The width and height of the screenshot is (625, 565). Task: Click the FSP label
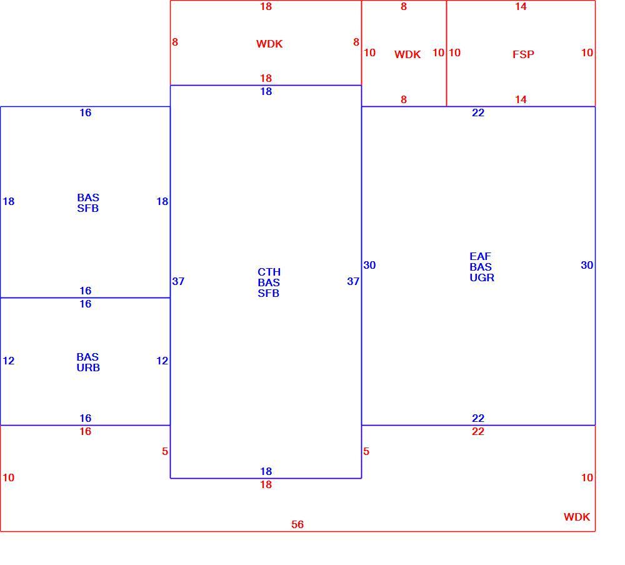(523, 54)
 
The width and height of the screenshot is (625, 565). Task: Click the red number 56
(297, 524)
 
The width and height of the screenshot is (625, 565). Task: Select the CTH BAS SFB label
(269, 282)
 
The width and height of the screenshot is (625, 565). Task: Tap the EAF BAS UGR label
(481, 267)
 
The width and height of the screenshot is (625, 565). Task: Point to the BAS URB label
(88, 362)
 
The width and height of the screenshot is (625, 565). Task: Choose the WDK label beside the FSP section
(407, 54)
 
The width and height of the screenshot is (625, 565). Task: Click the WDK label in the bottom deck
(577, 517)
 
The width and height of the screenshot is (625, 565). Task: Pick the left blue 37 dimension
(178, 281)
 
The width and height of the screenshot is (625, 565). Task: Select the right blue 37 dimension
(353, 281)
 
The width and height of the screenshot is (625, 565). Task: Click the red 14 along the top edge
(521, 6)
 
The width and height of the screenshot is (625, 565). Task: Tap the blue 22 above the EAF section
(478, 112)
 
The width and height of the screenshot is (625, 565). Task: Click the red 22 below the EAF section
(478, 431)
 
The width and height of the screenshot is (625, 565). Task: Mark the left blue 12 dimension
(8, 361)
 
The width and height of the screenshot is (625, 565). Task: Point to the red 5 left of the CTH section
(165, 451)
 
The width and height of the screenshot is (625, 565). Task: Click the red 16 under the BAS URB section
(85, 431)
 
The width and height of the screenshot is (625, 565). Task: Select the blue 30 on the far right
(587, 265)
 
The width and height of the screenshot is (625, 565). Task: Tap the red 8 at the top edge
(404, 6)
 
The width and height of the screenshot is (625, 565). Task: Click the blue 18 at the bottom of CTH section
(266, 471)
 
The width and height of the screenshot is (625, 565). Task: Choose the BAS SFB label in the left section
(88, 202)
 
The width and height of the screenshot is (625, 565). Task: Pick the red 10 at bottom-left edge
(8, 477)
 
